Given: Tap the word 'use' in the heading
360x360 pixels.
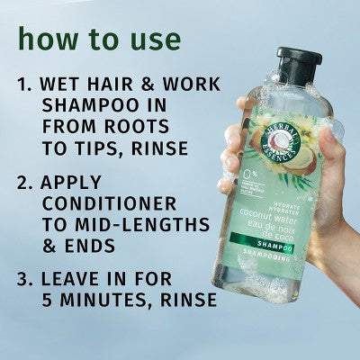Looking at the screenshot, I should [x=154, y=40].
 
